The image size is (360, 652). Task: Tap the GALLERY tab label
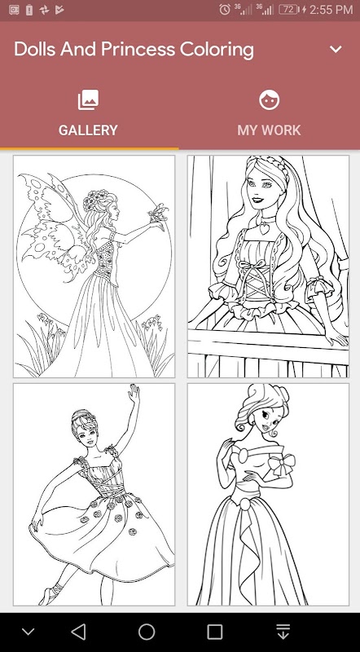click(x=88, y=130)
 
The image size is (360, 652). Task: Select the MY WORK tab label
click(x=269, y=130)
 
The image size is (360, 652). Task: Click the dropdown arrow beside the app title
click(x=336, y=49)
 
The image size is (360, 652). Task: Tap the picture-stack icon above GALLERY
click(x=88, y=100)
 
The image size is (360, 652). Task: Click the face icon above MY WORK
click(x=269, y=100)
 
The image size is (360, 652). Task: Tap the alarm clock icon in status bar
click(x=225, y=9)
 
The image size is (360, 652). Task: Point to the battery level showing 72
click(x=288, y=9)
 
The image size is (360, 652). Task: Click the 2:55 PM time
click(x=331, y=9)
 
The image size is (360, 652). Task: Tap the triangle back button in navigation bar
click(x=78, y=632)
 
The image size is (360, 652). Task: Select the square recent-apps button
click(x=214, y=632)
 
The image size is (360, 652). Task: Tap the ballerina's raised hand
click(x=133, y=393)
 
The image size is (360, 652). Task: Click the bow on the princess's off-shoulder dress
click(x=282, y=464)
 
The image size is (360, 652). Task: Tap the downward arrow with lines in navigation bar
click(x=283, y=632)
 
